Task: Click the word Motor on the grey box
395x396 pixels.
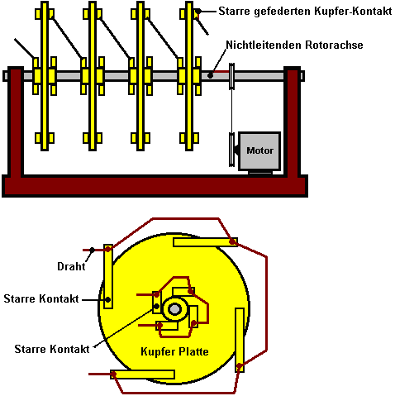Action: point(259,150)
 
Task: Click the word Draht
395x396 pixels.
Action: point(71,266)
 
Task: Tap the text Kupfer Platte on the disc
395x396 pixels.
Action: point(174,351)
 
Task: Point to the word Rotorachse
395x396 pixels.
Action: point(334,45)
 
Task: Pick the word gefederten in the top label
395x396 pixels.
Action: point(283,12)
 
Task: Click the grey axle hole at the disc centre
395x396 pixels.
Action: point(174,309)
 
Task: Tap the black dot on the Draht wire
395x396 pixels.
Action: point(93,250)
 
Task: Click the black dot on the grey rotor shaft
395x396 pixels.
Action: point(210,75)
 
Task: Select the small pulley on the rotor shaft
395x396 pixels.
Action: point(231,76)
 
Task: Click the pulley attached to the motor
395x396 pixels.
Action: point(231,150)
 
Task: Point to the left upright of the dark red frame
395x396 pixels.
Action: point(16,122)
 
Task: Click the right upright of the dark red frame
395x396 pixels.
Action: point(292,122)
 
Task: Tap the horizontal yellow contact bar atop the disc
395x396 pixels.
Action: point(205,242)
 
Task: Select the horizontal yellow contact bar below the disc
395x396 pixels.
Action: point(142,375)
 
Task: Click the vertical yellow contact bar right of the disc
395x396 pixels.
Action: point(240,340)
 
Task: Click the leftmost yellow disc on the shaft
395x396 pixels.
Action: point(45,76)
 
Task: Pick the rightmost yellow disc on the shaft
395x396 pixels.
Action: point(189,76)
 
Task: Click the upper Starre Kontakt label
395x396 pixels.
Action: point(41,298)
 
